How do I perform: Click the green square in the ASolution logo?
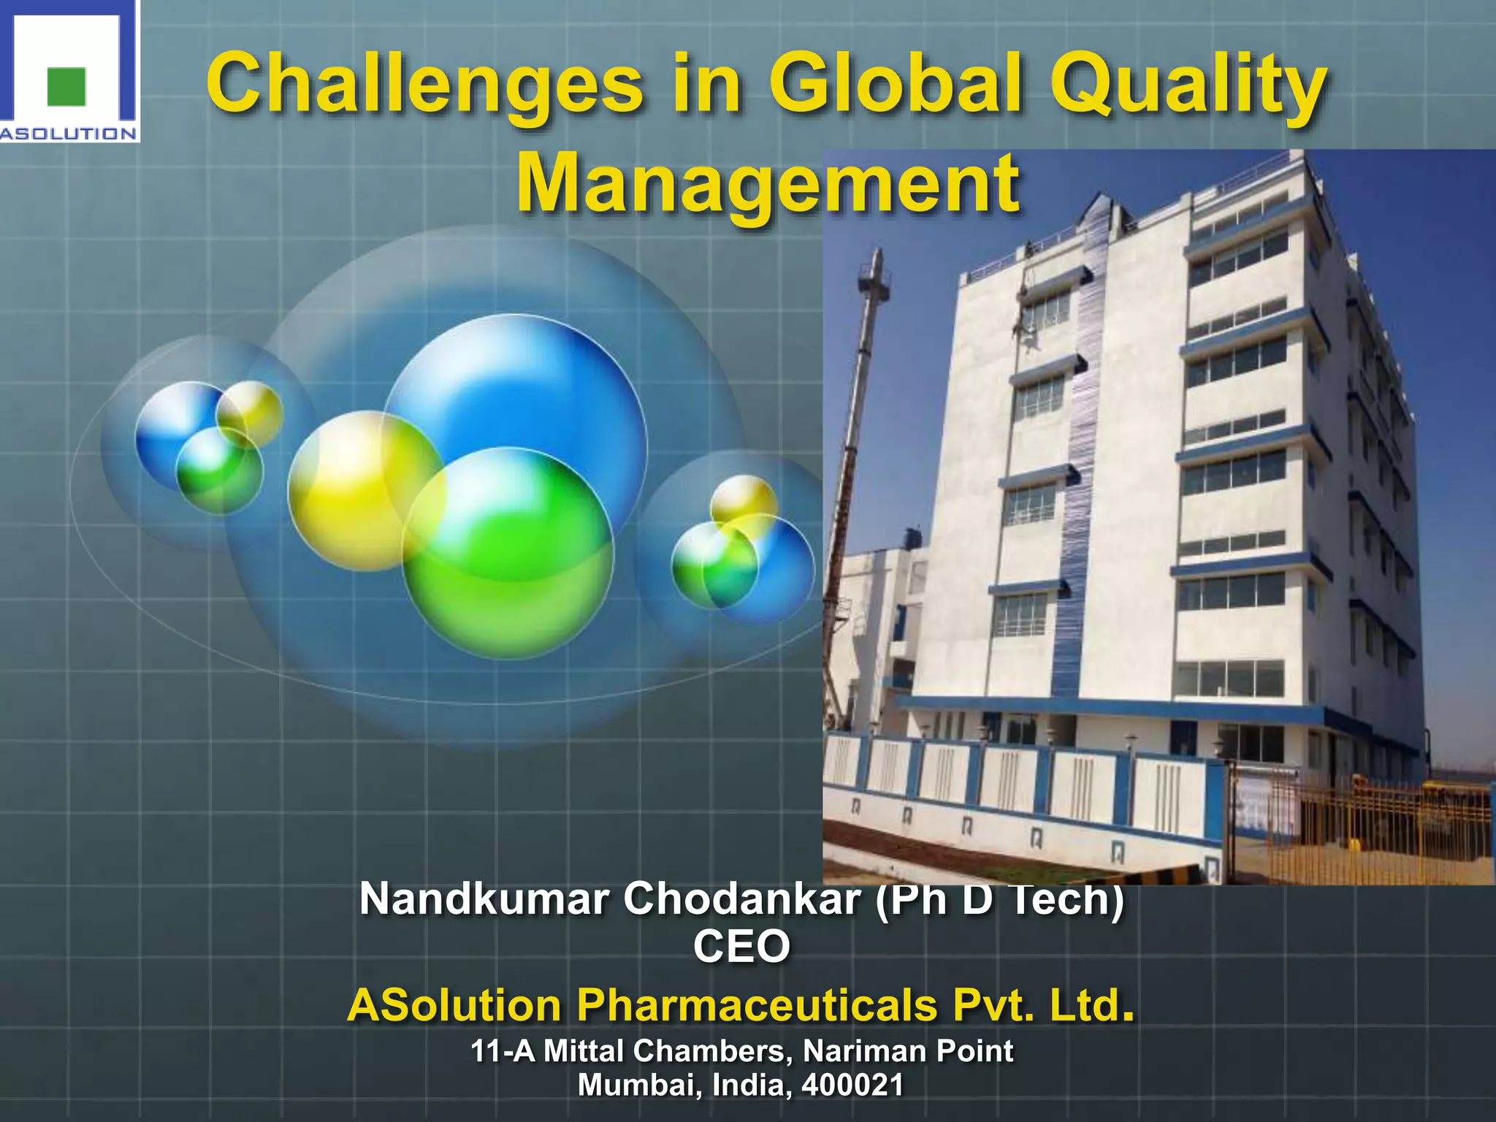66,86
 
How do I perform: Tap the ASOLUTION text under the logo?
69,134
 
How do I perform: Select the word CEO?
741,947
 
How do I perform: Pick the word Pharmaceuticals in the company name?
757,1005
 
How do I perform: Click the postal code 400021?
852,1085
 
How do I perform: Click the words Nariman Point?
907,1052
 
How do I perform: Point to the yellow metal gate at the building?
1381,825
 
